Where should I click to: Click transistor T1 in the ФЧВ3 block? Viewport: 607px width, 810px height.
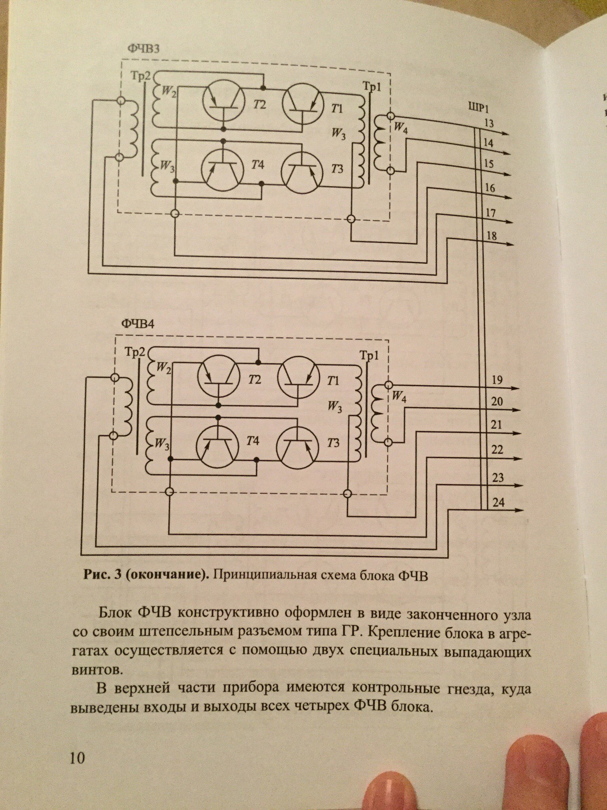tap(302, 102)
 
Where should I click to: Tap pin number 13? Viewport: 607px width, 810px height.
tap(489, 124)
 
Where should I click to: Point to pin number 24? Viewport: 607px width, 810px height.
tap(499, 503)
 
